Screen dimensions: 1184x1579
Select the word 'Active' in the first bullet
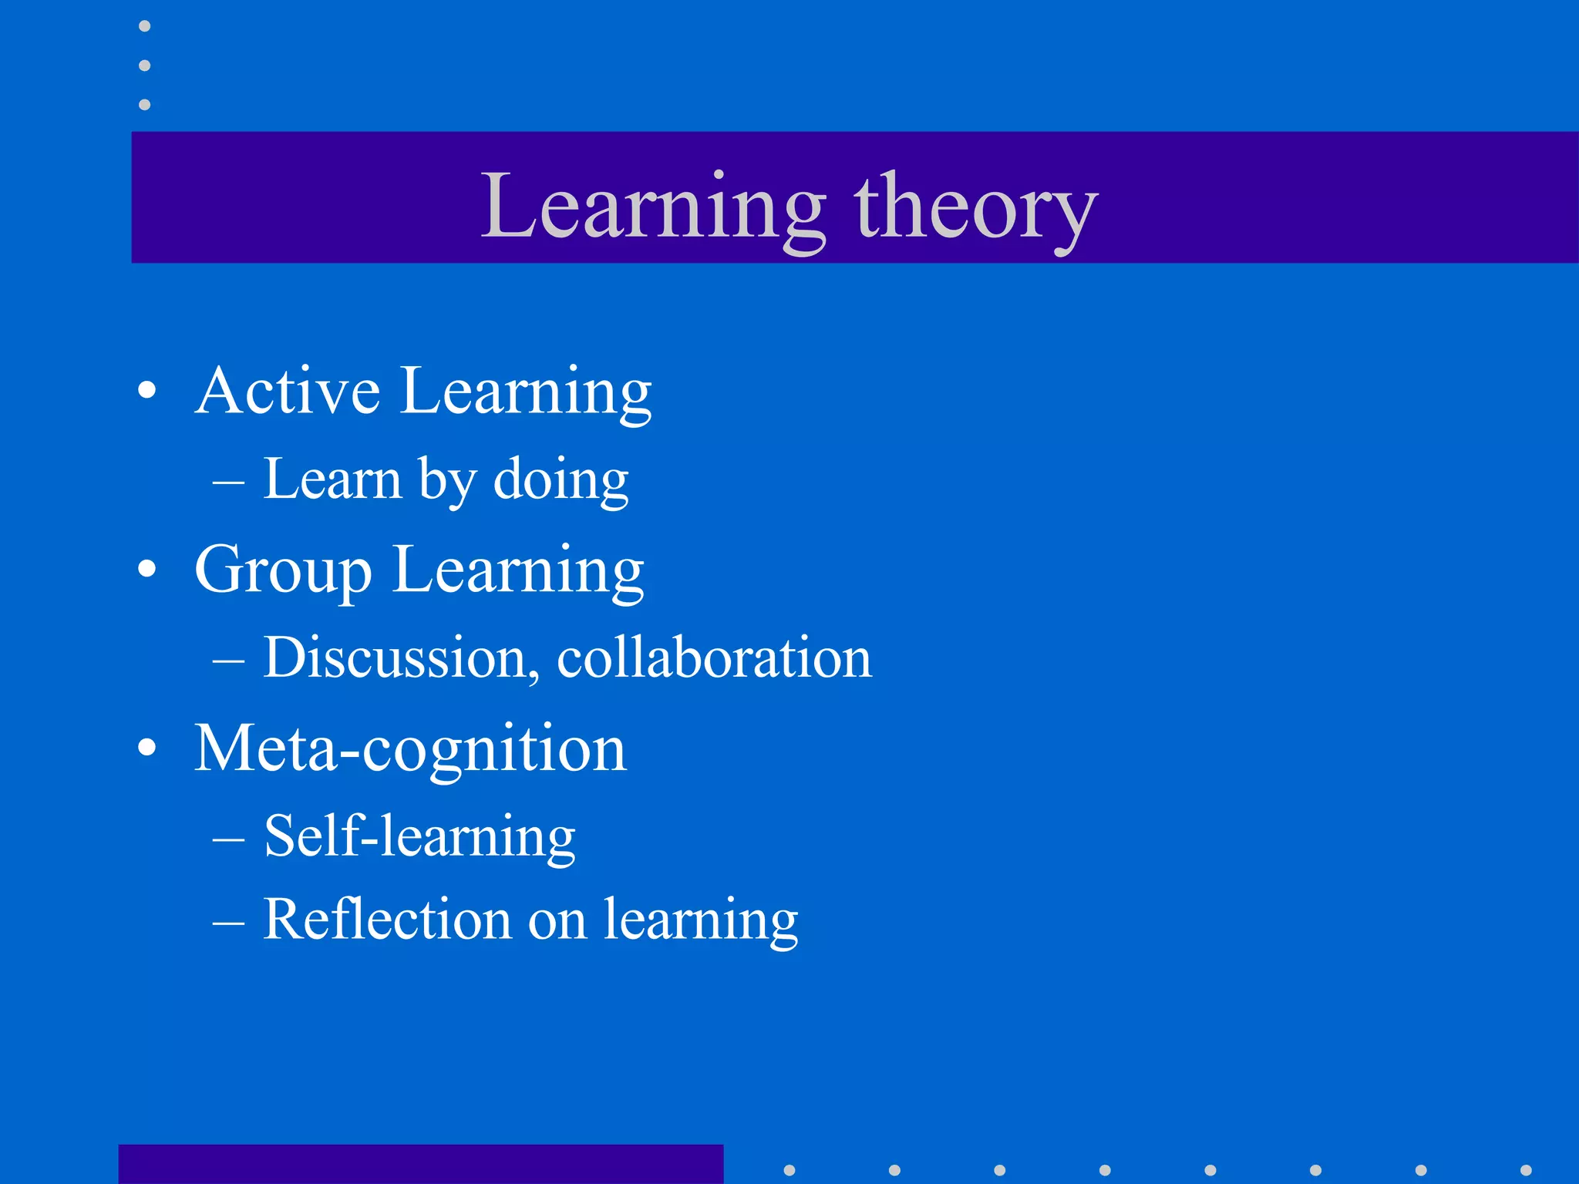click(x=288, y=391)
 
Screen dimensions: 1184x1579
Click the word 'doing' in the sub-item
click(x=561, y=480)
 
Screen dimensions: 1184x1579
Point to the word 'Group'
click(x=283, y=571)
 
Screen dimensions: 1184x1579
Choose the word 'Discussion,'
click(x=402, y=658)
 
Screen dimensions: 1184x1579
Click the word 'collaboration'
click(x=714, y=658)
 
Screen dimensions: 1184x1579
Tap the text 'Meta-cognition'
click(x=410, y=748)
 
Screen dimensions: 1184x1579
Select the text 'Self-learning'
click(x=419, y=836)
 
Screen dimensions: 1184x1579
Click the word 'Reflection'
click(x=387, y=920)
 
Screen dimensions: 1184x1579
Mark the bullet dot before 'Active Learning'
click(x=146, y=390)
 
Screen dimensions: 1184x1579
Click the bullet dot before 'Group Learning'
click(x=146, y=570)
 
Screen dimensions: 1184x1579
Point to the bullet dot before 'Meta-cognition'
click(x=146, y=748)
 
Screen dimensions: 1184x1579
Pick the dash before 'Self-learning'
click(x=228, y=839)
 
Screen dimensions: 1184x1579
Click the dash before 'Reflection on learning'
click(x=228, y=923)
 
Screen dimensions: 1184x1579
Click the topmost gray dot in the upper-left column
click(x=144, y=26)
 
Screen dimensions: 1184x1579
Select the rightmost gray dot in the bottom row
click(x=1525, y=1170)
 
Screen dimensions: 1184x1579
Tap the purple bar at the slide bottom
click(x=420, y=1164)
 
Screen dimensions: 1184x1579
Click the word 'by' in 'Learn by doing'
click(x=447, y=480)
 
